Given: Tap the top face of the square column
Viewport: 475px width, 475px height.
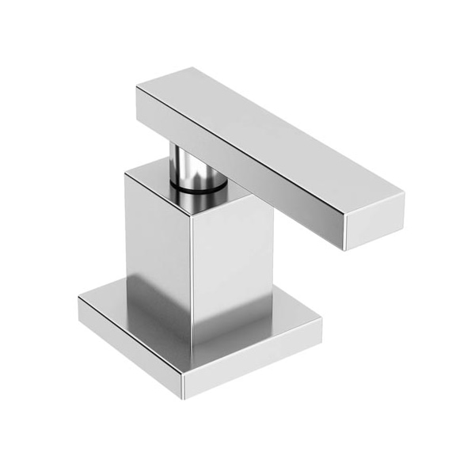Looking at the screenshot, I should [x=158, y=178].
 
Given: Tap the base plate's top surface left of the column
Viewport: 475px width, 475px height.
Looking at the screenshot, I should [x=111, y=305].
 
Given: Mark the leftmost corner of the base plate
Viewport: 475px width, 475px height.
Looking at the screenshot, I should [x=79, y=299].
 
